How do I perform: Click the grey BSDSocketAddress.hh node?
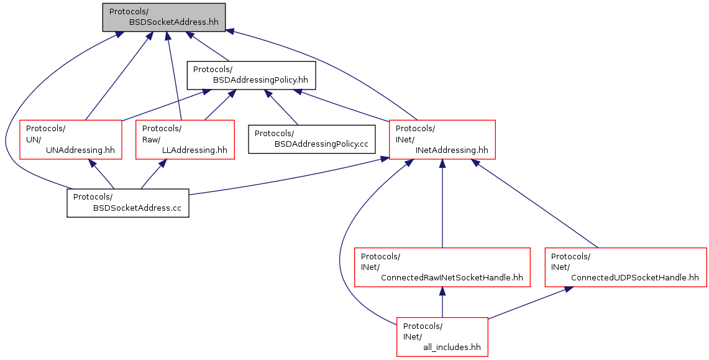tap(163, 17)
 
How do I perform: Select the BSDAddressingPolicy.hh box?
tap(252, 75)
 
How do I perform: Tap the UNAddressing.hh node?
tap(71, 139)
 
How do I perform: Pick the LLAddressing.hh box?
tap(185, 139)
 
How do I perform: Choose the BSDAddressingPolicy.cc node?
tap(312, 139)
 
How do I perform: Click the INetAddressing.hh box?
tap(442, 139)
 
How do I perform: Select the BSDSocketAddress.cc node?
tap(127, 203)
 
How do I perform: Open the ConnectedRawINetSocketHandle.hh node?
tap(442, 267)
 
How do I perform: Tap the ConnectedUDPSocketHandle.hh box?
tap(625, 267)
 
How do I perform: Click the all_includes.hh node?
tap(442, 337)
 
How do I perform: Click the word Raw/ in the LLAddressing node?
tap(149, 139)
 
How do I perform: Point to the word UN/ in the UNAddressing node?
tap(32, 139)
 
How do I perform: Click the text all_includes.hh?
tap(452, 348)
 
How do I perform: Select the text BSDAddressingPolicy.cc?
tap(321, 144)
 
